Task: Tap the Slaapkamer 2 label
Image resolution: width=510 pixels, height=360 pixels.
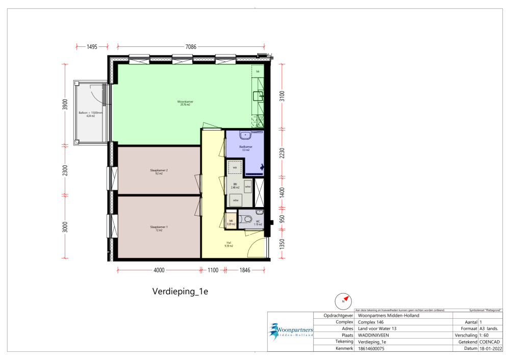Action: point(156,171)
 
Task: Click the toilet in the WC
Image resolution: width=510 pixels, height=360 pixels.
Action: point(248,219)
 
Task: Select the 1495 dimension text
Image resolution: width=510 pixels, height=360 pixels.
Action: point(92,46)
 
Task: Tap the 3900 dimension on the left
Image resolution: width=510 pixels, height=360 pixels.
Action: point(65,105)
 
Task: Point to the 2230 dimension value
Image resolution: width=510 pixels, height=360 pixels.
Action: point(282,154)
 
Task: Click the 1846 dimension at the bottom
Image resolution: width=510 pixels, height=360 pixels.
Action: point(245,270)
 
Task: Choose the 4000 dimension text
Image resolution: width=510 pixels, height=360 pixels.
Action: point(159,270)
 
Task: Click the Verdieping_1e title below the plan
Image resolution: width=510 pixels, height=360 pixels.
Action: point(181,292)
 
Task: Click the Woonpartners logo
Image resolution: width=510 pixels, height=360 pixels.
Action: point(291,331)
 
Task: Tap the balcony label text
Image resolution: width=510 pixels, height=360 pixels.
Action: point(90,113)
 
